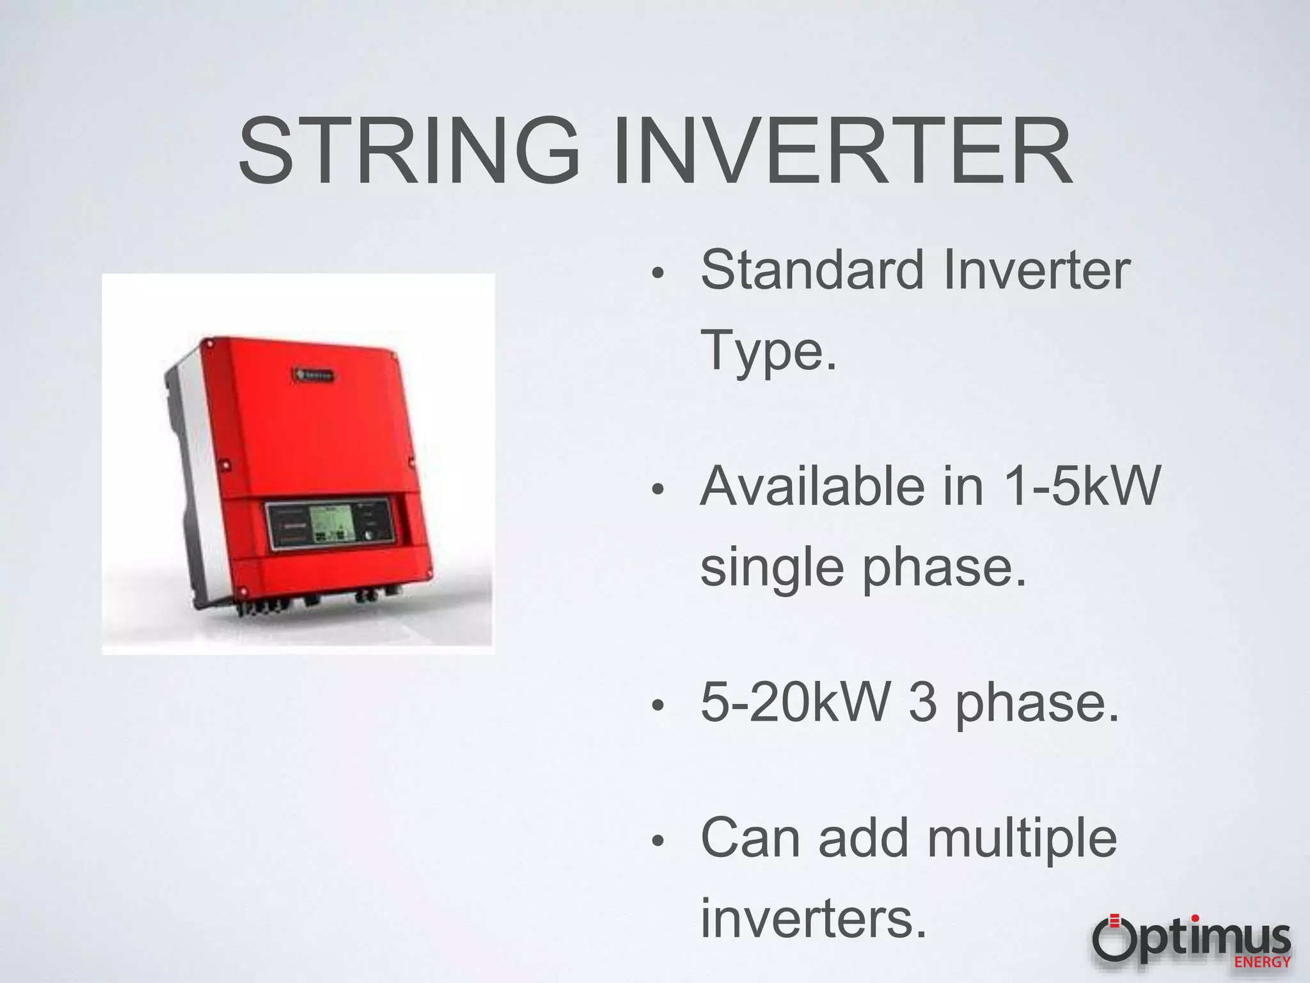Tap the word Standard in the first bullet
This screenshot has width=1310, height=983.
pyautogui.click(x=812, y=271)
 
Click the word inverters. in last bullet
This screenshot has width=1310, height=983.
pyautogui.click(x=813, y=918)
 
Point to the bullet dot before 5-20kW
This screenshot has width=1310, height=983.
pyautogui.click(x=658, y=707)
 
